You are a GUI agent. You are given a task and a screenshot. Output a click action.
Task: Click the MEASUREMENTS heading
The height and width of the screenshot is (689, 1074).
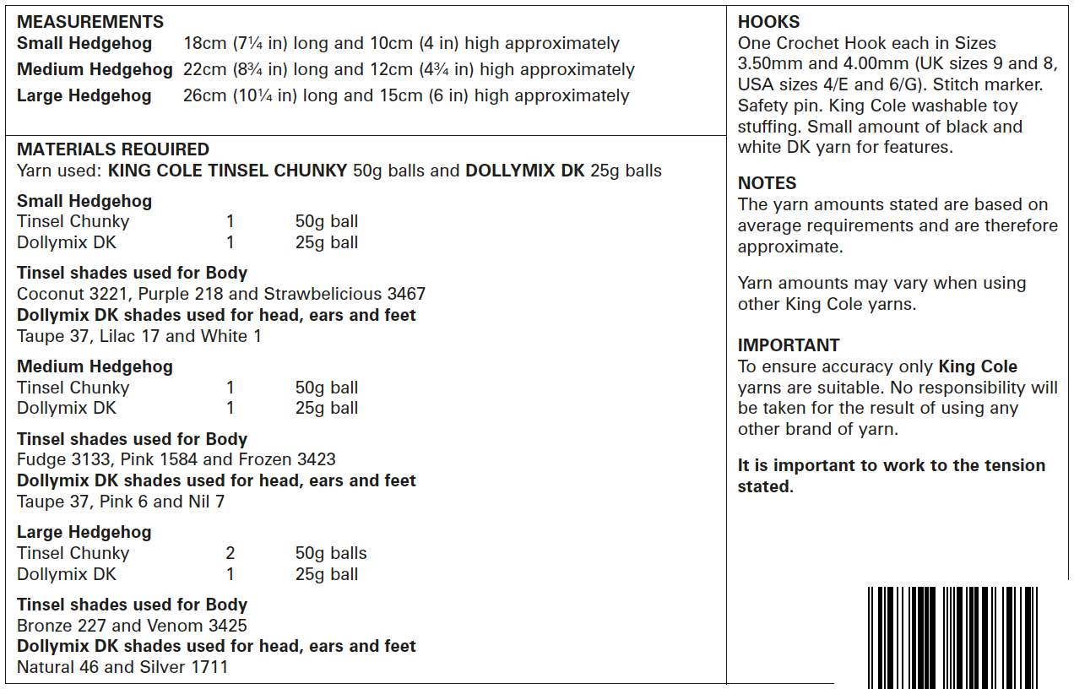(x=90, y=22)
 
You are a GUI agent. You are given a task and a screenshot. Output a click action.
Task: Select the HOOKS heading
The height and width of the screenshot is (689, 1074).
(x=768, y=22)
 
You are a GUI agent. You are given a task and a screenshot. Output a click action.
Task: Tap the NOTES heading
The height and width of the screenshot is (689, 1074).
(x=767, y=183)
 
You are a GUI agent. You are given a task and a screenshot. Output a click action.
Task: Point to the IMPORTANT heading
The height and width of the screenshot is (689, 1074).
(x=789, y=345)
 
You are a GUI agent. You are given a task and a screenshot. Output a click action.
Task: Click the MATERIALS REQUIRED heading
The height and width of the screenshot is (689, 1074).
(x=113, y=149)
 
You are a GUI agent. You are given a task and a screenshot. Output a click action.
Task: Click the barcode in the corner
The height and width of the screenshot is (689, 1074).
(x=952, y=637)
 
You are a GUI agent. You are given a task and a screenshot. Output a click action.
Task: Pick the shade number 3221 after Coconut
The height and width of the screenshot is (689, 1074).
(x=107, y=295)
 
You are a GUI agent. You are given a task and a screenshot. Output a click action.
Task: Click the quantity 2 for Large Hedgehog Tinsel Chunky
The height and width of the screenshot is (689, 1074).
(x=231, y=554)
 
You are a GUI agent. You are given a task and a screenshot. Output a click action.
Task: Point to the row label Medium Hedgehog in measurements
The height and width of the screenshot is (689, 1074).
(x=95, y=70)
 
